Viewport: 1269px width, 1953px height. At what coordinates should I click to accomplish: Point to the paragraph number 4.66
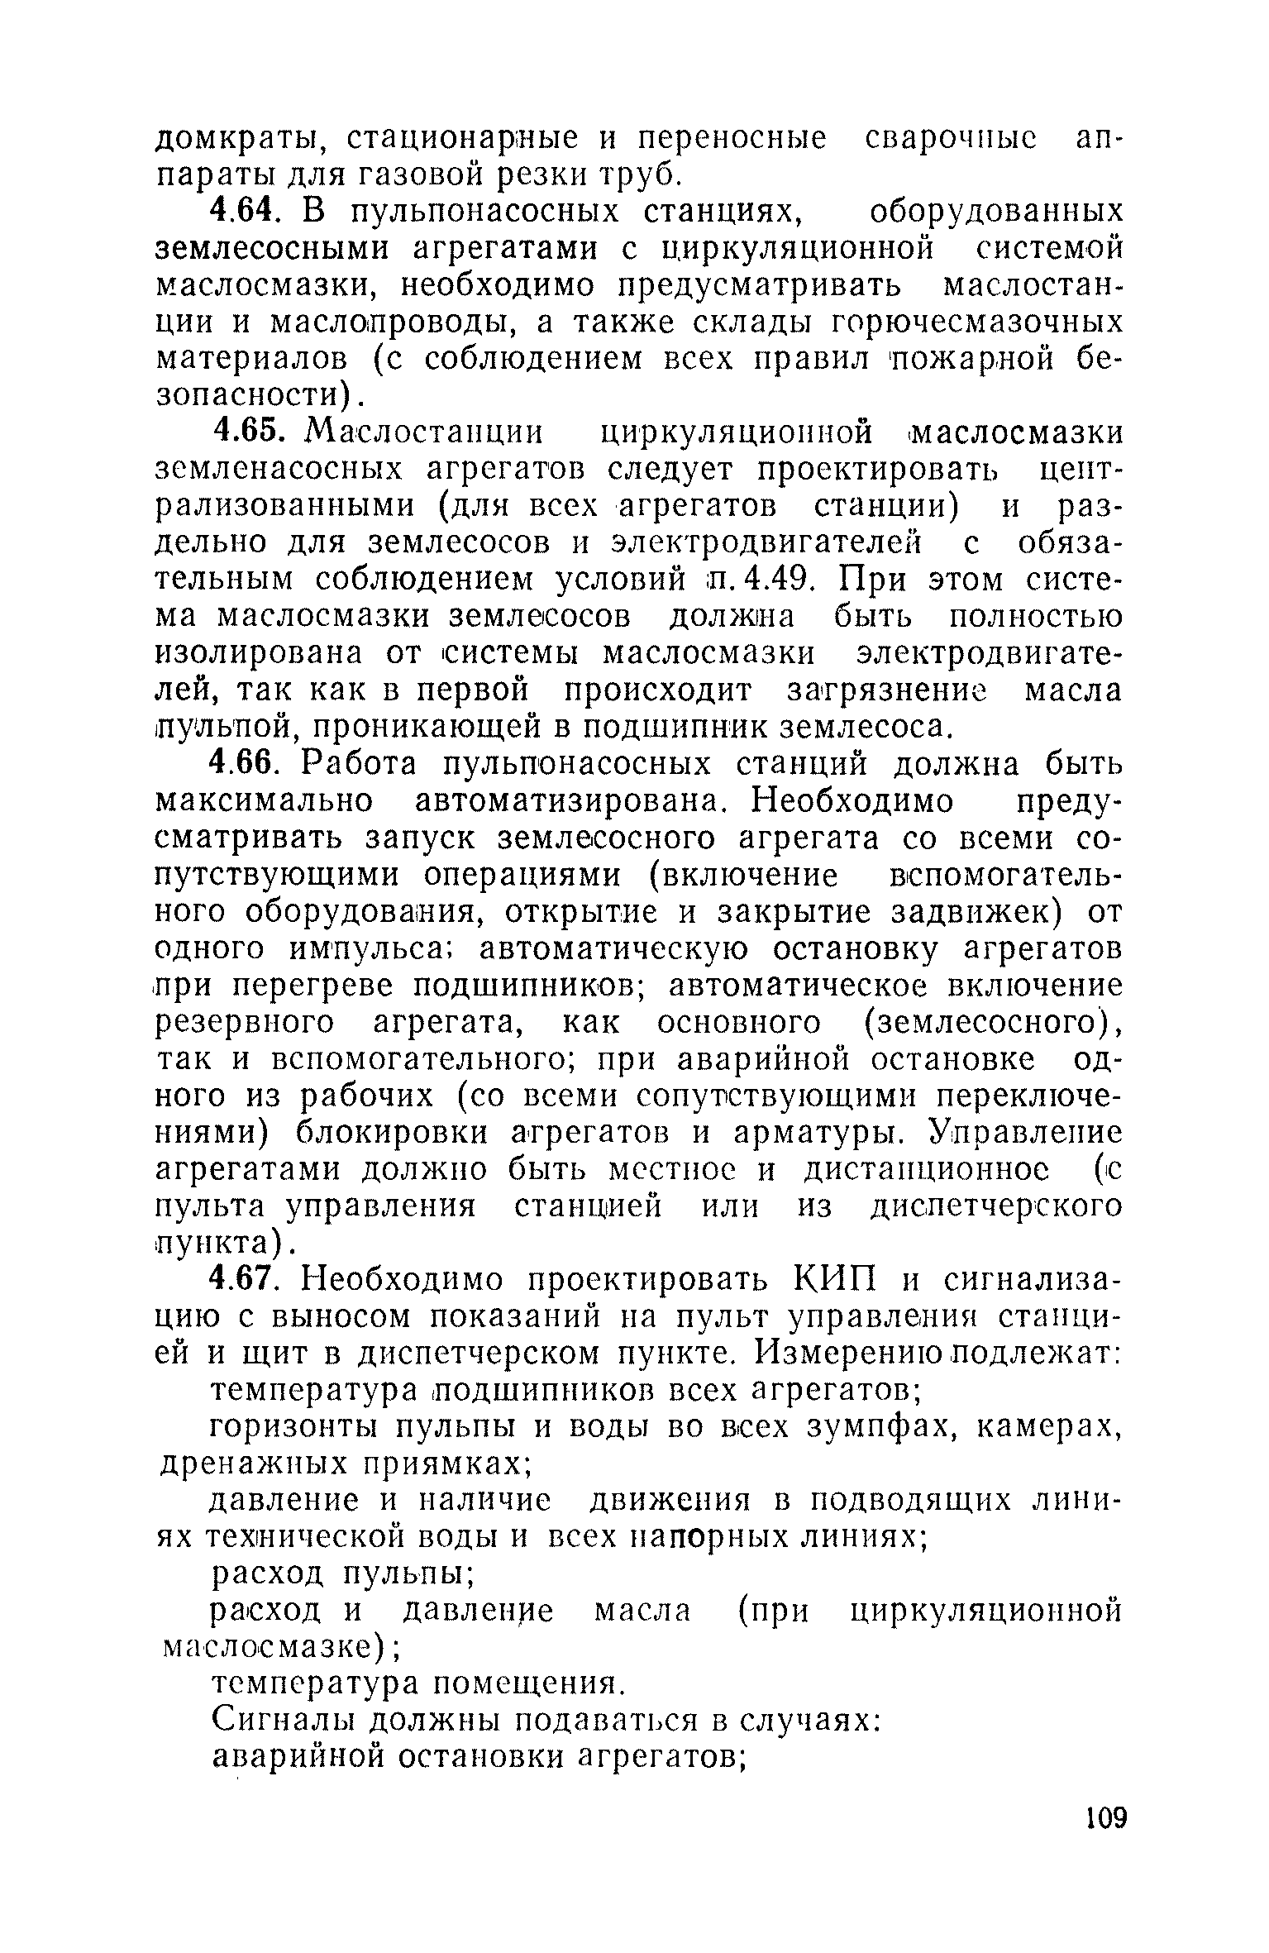click(241, 764)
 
